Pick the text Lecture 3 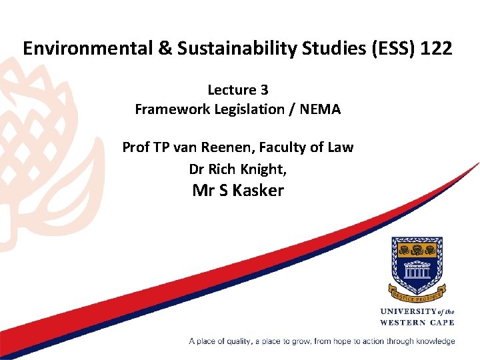coord(238,90)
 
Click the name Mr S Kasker coord(238,191)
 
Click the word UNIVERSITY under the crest coord(408,311)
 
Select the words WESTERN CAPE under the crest coord(417,323)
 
